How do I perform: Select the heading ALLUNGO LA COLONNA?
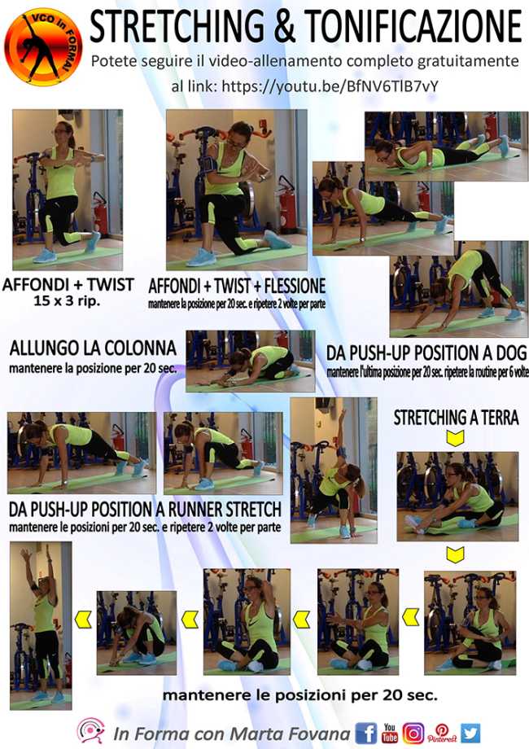coord(93,348)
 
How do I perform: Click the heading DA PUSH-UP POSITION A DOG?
coord(426,353)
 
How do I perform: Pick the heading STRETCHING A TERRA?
coord(456,418)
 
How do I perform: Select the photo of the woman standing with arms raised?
coord(41,624)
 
